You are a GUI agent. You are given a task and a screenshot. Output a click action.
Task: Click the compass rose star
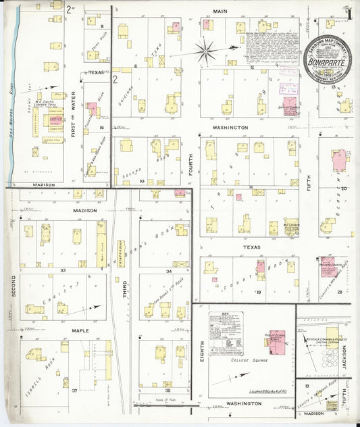pos(205,49)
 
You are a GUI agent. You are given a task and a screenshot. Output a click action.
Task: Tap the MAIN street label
pos(220,11)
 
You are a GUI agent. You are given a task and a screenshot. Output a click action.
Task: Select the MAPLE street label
pos(81,331)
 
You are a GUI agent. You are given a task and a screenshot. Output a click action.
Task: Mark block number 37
pos(74,390)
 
